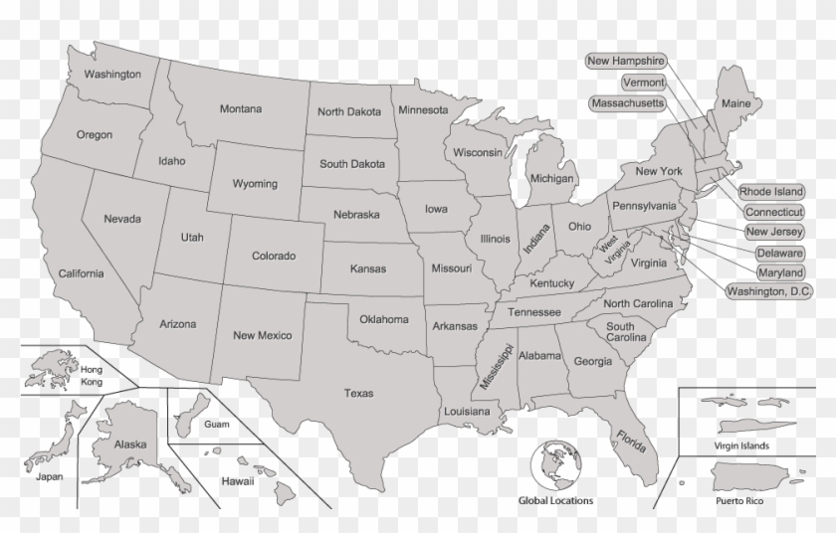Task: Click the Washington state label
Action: [111, 75]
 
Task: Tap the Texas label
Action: [358, 394]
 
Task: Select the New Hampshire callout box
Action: [625, 62]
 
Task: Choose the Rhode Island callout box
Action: [771, 192]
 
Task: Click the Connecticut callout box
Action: [774, 212]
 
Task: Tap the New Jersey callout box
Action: [775, 233]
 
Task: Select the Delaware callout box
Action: [779, 253]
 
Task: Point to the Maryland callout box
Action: [779, 272]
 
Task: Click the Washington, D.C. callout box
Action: [769, 292]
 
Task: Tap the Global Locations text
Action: [554, 501]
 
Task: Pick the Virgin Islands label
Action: [741, 445]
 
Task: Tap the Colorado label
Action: [274, 257]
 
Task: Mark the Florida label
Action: [630, 441]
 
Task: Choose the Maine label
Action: [735, 103]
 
